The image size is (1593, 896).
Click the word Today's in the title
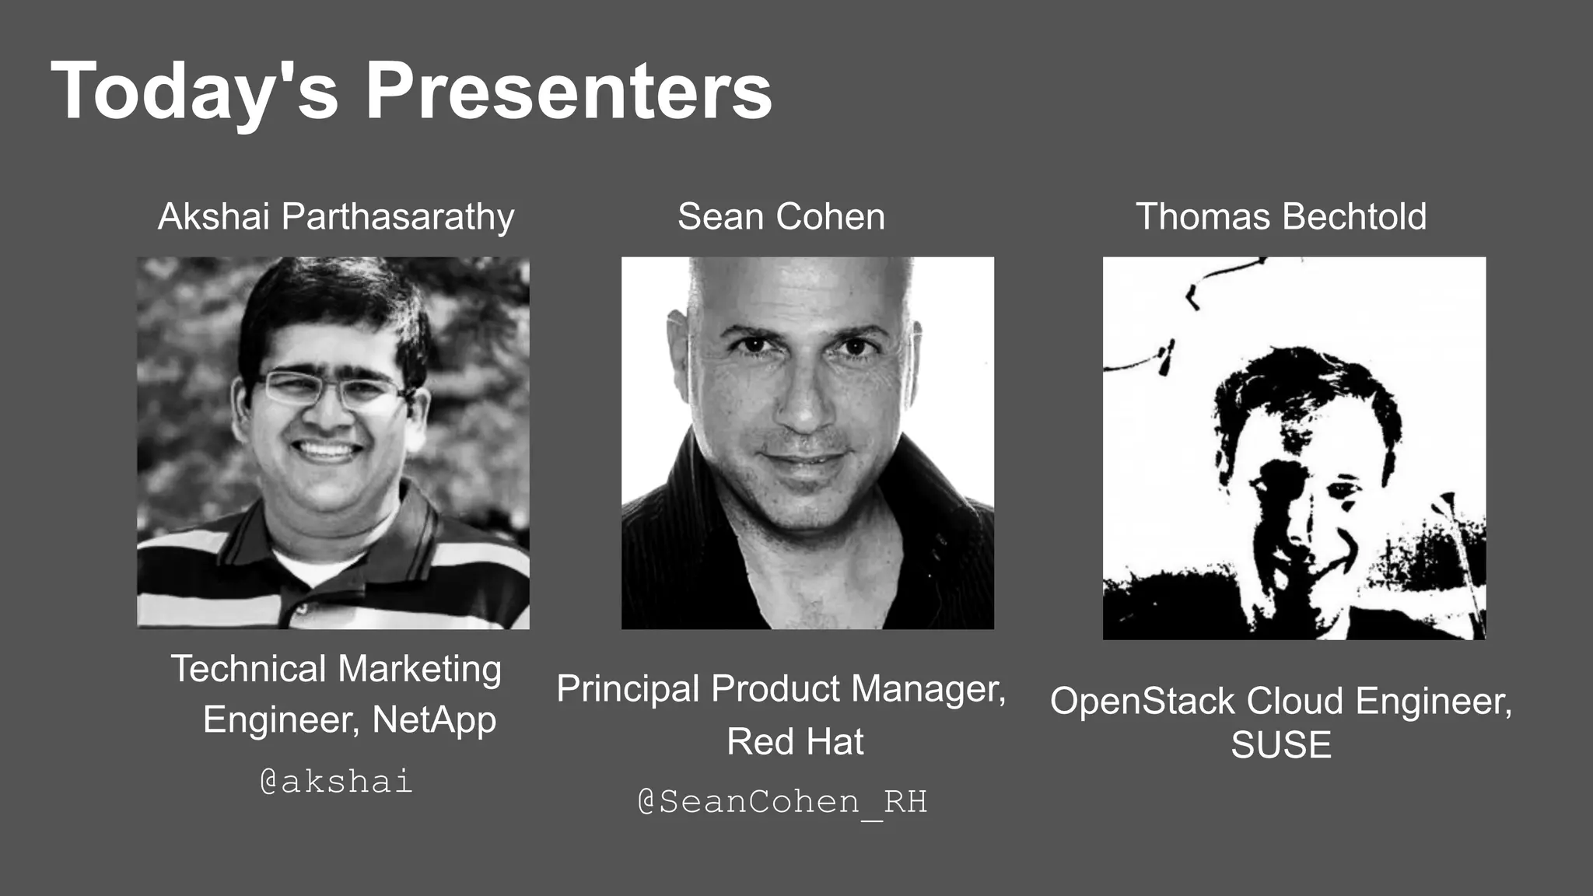[194, 92]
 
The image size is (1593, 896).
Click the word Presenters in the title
[569, 92]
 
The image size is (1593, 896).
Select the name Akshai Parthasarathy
[336, 216]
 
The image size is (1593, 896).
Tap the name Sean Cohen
[781, 216]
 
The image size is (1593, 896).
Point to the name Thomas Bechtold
[1281, 216]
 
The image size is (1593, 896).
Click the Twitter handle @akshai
[336, 781]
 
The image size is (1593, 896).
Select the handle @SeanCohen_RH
[782, 802]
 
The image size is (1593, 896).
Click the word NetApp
[434, 719]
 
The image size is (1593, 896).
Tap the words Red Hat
[795, 741]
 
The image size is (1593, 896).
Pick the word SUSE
[1281, 745]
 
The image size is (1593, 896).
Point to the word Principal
[628, 689]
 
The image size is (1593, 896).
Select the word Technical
[248, 669]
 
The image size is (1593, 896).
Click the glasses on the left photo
[331, 388]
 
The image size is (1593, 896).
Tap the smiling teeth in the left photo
[327, 451]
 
